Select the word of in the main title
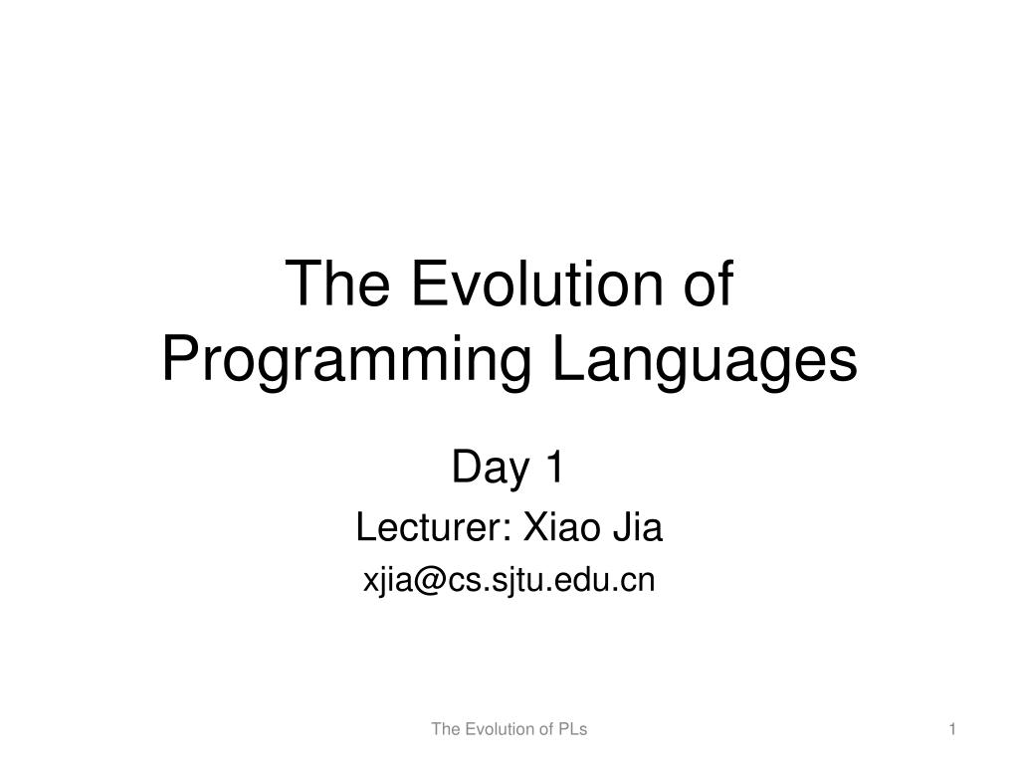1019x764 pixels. point(709,286)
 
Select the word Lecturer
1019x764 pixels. point(430,528)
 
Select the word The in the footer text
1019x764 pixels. point(444,729)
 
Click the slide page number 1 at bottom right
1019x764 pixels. point(952,729)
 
